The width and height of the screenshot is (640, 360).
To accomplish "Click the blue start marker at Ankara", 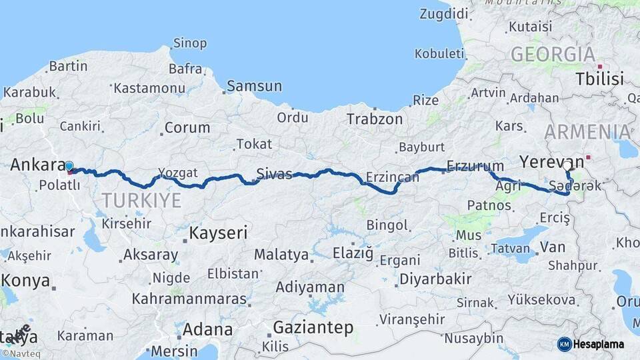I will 69,165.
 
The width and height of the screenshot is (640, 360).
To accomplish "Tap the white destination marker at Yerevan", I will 567,165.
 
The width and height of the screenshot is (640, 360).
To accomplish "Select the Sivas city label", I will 275,175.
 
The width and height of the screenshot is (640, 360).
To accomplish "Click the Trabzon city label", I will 375,119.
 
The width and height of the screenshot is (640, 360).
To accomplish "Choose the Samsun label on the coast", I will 254,86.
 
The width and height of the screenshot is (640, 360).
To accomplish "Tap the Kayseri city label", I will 218,233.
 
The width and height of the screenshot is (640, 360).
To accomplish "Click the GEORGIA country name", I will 553,54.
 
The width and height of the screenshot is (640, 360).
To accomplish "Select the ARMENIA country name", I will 587,131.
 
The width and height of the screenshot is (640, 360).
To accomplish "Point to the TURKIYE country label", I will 141,200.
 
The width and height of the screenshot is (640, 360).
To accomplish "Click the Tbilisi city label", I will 601,79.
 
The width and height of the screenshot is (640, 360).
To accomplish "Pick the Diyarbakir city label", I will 435,279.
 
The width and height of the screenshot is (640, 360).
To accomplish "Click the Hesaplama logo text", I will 599,344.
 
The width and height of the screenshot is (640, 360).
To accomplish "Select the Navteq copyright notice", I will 21,354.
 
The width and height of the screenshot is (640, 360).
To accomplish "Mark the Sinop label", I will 190,44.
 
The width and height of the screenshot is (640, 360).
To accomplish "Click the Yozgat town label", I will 178,173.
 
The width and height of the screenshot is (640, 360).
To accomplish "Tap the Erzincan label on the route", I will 393,177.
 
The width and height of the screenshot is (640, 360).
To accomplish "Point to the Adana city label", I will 207,329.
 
